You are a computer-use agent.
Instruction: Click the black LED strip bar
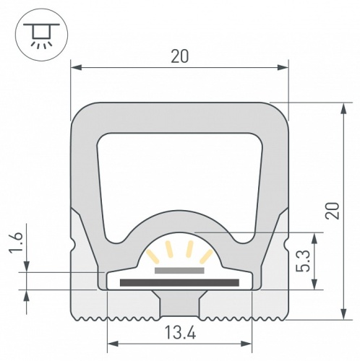(x=179, y=282)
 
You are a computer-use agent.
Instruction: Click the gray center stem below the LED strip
(x=179, y=305)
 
